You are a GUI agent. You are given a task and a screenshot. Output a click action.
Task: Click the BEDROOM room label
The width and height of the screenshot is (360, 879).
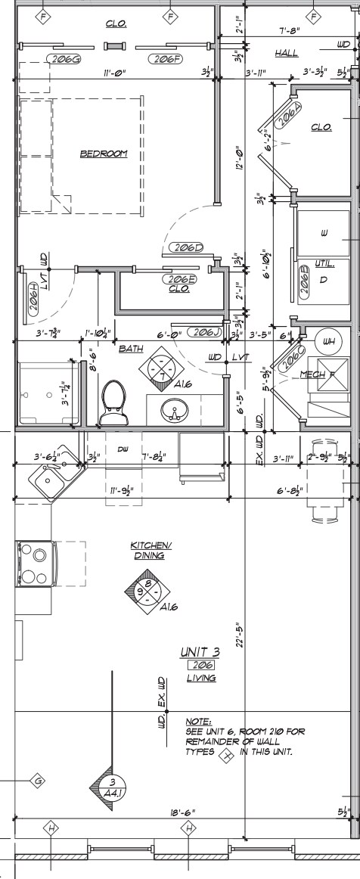104,154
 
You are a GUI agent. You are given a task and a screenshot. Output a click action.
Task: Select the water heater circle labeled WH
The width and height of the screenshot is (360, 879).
326,341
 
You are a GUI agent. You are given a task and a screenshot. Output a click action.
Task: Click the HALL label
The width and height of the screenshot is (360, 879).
287,54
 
